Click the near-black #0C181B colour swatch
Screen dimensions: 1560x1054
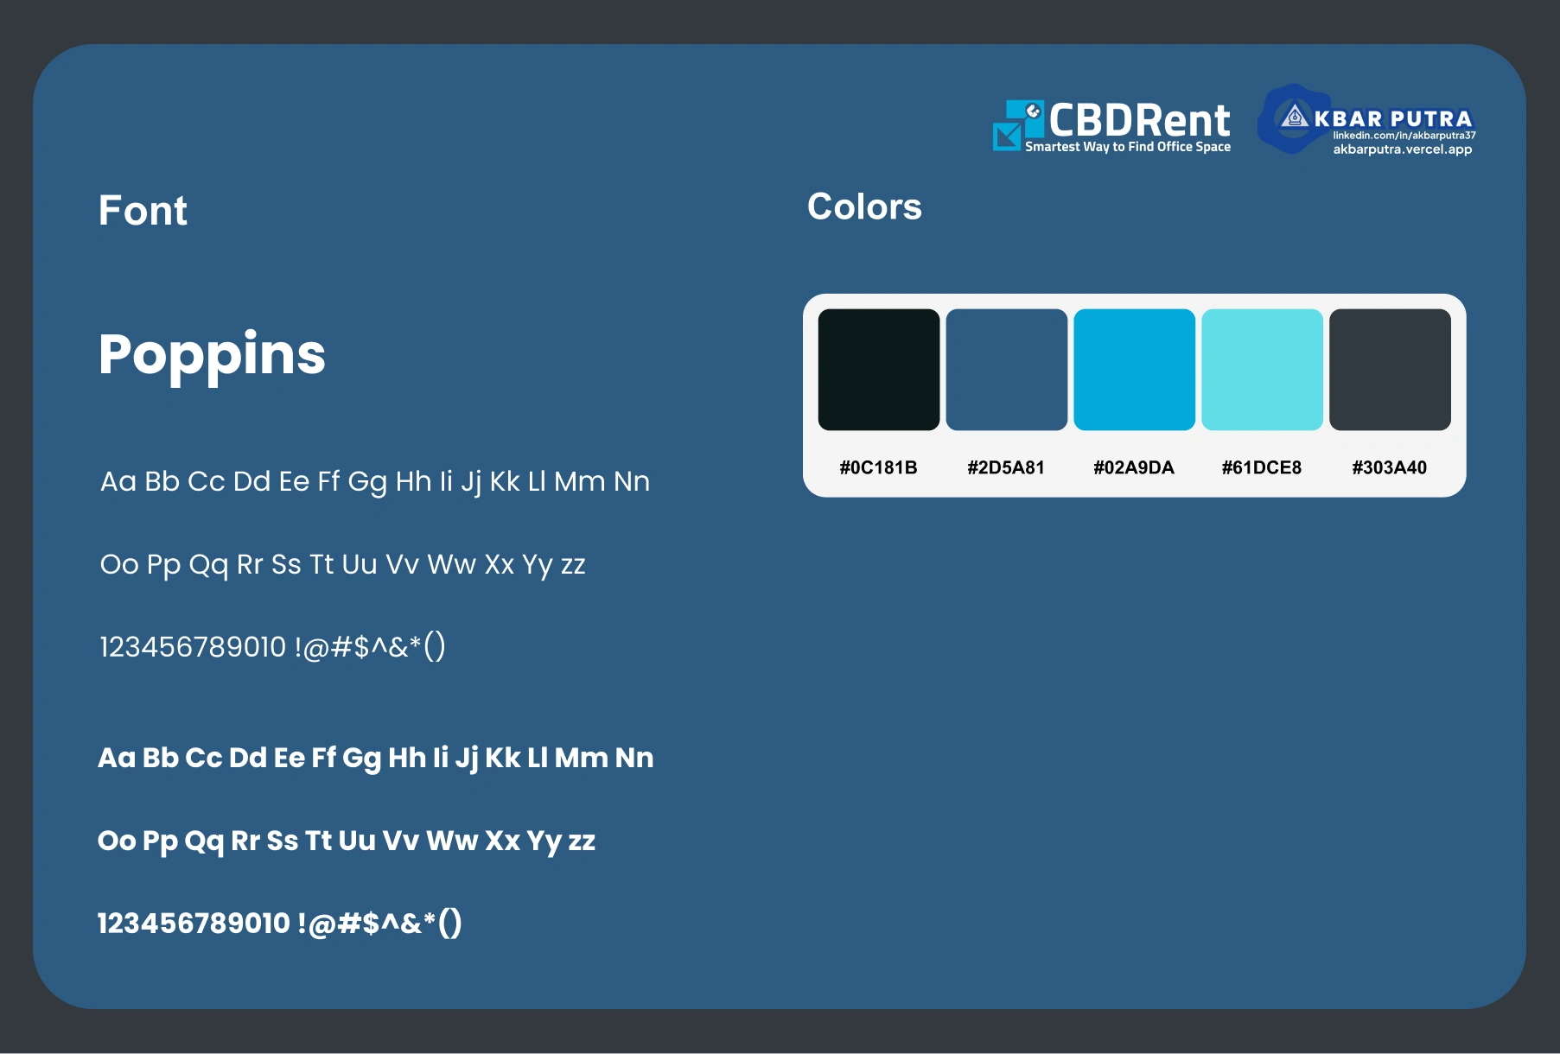878,370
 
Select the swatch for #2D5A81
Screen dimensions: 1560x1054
1006,370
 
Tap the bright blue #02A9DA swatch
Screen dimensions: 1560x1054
1134,370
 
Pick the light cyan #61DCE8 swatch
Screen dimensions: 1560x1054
1262,370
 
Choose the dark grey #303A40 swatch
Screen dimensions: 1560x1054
1390,370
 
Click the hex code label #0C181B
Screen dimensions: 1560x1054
878,467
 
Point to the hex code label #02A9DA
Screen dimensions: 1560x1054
1134,467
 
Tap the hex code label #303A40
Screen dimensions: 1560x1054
1390,467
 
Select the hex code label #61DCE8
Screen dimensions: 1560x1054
1262,467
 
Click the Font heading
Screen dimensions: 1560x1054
143,211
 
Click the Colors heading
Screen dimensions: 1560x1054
864,207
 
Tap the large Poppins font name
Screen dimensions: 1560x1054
212,356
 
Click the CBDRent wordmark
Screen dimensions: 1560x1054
1139,120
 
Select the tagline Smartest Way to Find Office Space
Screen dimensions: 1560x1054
1128,147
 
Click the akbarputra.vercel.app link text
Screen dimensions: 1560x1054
1403,149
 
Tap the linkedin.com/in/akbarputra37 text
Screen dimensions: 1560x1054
1404,136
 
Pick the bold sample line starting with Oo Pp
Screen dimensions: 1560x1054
347,841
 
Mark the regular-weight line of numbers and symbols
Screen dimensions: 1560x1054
272,647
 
